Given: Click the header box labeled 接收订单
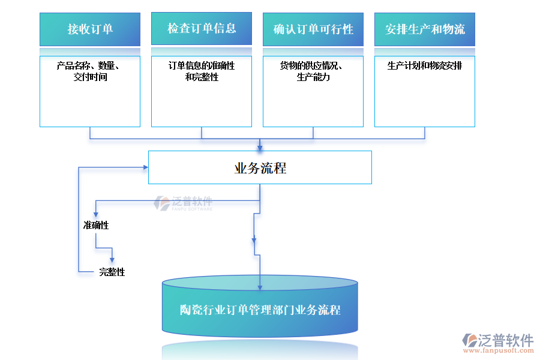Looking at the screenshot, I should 90,29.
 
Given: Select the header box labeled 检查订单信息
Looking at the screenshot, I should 202,28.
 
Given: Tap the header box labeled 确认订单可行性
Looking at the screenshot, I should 313,29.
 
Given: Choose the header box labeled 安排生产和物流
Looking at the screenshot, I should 425,29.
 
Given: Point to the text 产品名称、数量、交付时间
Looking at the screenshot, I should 90,71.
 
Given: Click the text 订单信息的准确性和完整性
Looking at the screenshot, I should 202,71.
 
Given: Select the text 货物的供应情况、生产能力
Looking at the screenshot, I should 313,71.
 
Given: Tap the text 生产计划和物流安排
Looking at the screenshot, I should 425,66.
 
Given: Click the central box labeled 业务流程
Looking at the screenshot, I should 260,168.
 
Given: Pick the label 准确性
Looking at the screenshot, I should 96,226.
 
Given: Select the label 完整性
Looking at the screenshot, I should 112,272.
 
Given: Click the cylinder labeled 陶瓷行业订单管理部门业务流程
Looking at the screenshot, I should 260,310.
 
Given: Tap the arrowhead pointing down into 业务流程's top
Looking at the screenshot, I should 260,146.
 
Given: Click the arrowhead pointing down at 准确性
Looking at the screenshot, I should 95,214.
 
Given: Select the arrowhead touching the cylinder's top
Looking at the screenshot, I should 260,287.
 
